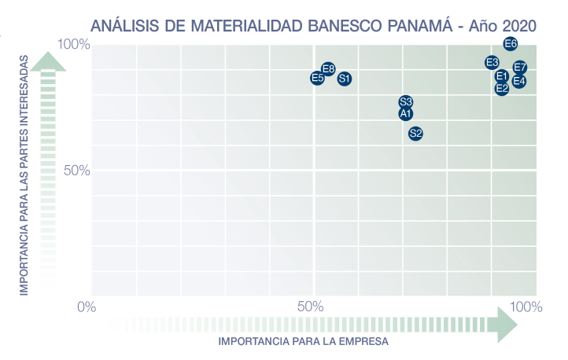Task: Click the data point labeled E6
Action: [x=511, y=44]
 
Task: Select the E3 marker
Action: [x=492, y=62]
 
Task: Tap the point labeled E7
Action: [x=520, y=68]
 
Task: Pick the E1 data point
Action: [x=502, y=76]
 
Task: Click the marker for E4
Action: [x=519, y=81]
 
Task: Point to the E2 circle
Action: [x=502, y=89]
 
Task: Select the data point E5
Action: [x=317, y=78]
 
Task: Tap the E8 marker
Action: [x=329, y=69]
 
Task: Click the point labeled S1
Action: [x=345, y=79]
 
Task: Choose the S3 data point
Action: [x=406, y=102]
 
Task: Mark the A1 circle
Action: [x=406, y=114]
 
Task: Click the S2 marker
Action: [x=416, y=134]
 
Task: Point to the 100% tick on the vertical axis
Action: [x=76, y=44]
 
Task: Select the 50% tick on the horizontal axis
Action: [x=312, y=306]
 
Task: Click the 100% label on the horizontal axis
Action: [x=526, y=306]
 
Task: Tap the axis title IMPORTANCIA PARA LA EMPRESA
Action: [x=304, y=342]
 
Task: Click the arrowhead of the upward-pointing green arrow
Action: [x=48, y=61]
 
